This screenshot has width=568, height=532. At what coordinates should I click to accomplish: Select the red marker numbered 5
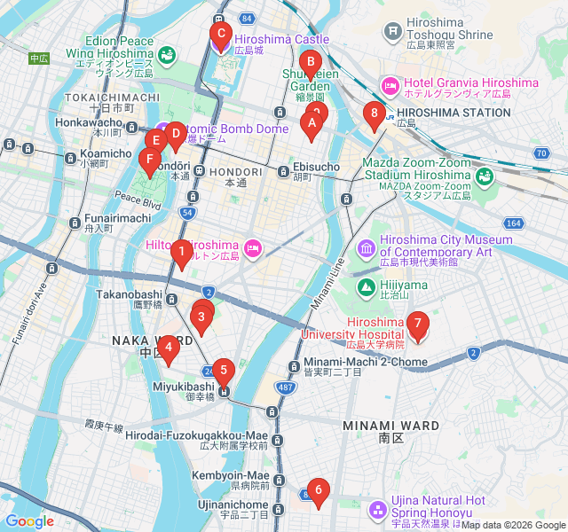[223, 372]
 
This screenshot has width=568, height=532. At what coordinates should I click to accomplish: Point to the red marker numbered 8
[374, 114]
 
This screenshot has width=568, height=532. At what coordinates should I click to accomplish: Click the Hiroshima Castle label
[281, 39]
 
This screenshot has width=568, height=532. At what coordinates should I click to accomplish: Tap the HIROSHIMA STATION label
[454, 113]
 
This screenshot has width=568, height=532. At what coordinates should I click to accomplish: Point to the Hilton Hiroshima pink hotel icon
[253, 246]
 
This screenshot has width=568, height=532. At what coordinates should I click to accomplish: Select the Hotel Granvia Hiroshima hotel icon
[389, 83]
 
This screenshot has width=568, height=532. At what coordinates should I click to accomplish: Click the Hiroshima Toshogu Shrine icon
[392, 33]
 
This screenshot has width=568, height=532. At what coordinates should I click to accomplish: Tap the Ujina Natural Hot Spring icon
[378, 509]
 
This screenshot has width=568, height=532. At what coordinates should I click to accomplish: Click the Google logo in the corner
[29, 521]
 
